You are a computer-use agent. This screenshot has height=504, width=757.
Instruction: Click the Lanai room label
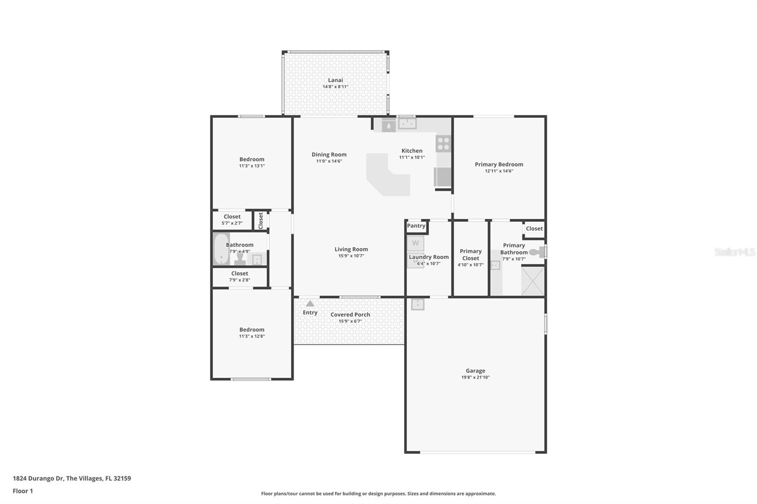(335, 80)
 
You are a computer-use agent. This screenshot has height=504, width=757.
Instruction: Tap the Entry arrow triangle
(310, 304)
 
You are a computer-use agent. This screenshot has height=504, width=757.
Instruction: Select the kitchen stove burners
(443, 144)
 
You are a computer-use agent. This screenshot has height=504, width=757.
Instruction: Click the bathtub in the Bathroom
(221, 249)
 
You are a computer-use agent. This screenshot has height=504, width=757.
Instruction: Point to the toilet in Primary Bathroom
(537, 252)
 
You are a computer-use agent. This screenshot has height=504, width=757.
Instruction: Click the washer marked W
(415, 243)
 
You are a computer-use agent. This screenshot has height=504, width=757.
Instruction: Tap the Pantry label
(416, 226)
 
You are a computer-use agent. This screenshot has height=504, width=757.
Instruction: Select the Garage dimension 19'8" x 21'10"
(475, 377)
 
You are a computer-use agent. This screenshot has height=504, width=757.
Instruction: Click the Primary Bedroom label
(499, 165)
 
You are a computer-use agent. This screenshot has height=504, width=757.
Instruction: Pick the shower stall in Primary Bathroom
(533, 281)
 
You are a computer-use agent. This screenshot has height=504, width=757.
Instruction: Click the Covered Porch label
(350, 315)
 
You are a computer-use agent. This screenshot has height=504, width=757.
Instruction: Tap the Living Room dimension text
(351, 256)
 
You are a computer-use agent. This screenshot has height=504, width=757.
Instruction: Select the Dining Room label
(329, 155)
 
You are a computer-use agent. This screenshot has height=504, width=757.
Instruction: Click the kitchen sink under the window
(407, 124)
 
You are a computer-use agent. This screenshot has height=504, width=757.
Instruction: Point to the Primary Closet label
(470, 255)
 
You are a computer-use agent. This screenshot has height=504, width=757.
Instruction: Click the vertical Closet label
(261, 220)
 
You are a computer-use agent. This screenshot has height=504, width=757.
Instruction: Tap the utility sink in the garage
(417, 304)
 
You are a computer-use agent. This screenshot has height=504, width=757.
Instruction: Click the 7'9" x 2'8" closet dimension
(239, 280)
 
